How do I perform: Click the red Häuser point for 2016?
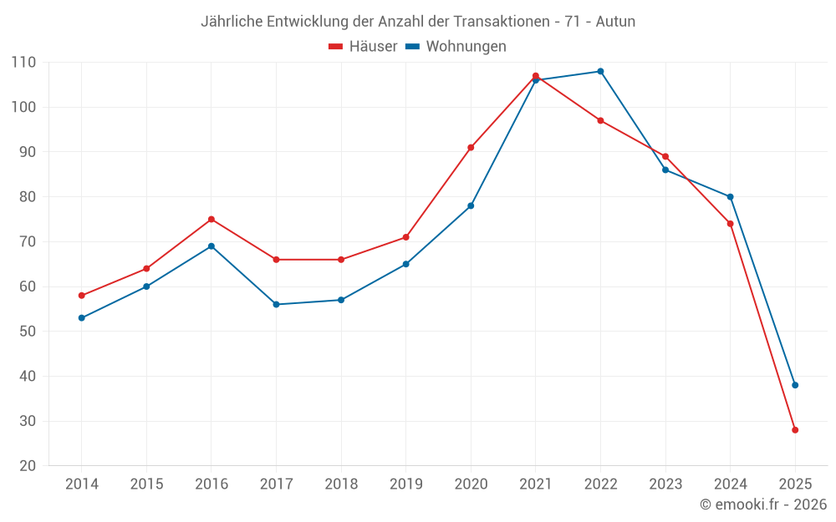click(x=212, y=220)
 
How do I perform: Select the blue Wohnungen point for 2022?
click(x=600, y=71)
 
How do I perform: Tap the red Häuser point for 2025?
click(x=795, y=430)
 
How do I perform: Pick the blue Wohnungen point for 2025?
click(x=795, y=385)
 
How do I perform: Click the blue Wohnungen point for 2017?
click(x=276, y=304)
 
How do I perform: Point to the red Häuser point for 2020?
click(x=471, y=148)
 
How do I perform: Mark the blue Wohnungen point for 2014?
click(x=82, y=318)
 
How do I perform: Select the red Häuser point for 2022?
click(x=600, y=120)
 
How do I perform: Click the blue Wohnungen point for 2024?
click(x=730, y=197)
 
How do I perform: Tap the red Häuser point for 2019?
click(x=406, y=237)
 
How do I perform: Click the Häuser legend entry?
click(x=363, y=47)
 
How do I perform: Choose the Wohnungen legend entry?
click(x=456, y=47)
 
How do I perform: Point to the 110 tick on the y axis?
click(x=23, y=63)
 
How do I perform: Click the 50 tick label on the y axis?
click(x=28, y=332)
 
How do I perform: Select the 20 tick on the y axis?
click(x=28, y=466)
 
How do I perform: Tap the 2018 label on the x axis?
click(x=341, y=484)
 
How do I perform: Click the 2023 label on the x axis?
click(x=665, y=484)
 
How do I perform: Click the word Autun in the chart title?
click(x=615, y=22)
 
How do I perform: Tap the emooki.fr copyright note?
click(x=763, y=504)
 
